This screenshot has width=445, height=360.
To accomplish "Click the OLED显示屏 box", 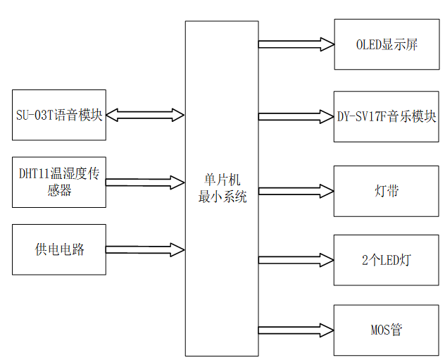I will (386, 44).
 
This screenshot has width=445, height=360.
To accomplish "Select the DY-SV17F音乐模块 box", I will (386, 116).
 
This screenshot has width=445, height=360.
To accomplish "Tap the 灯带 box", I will (386, 191).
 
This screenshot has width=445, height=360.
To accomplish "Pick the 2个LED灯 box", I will (386, 260).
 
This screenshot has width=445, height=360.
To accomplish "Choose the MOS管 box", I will (386, 330).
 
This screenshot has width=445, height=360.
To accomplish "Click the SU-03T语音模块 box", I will (59, 114).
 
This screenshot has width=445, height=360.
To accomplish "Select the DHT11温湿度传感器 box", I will (59, 182).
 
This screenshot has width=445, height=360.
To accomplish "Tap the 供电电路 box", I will (59, 249).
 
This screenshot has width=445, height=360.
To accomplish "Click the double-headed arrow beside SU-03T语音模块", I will (145, 114).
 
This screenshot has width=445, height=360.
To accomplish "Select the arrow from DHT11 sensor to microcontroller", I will (145, 182).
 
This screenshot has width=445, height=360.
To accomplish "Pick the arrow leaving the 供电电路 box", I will (145, 249).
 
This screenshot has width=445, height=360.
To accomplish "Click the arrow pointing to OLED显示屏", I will (296, 44).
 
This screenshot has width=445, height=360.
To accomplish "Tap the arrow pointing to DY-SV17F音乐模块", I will (296, 116).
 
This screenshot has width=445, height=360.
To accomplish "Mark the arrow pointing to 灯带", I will (296, 191).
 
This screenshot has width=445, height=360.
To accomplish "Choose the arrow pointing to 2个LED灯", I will (296, 260).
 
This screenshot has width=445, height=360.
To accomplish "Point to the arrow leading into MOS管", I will (296, 330).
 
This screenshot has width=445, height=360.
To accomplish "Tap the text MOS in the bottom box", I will (380, 330).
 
